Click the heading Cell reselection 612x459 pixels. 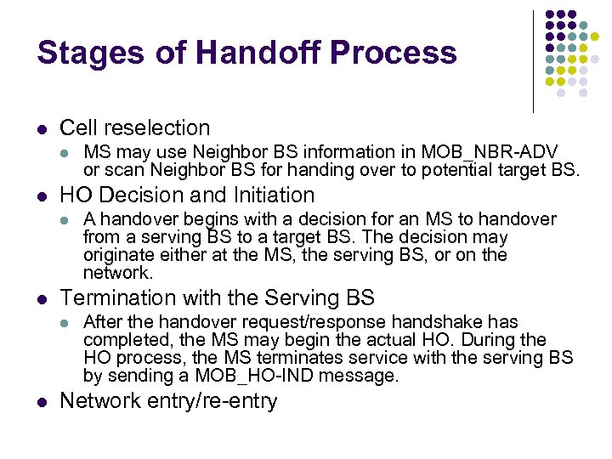(x=134, y=127)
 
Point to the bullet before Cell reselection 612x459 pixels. (x=40, y=129)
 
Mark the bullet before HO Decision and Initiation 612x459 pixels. (x=40, y=196)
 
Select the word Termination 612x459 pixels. (x=115, y=297)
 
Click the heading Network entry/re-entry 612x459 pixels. (x=168, y=400)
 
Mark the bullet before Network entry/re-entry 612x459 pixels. (x=40, y=402)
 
